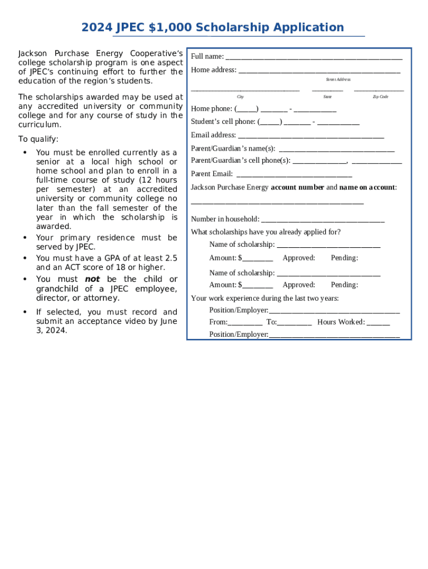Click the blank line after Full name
[313, 57]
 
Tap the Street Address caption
[338, 79]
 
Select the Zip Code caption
[380, 97]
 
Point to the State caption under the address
[327, 97]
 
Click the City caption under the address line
[240, 97]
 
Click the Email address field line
[311, 137]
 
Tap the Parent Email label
[212, 174]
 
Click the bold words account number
[297, 187]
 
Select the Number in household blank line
[322, 221]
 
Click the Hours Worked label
[341, 322]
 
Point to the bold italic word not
[92, 279]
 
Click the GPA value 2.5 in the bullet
[171, 258]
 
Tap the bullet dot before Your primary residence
[24, 238]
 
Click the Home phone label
[212, 108]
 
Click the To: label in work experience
[271, 322]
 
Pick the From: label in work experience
[218, 322]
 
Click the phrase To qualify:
[38, 139]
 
